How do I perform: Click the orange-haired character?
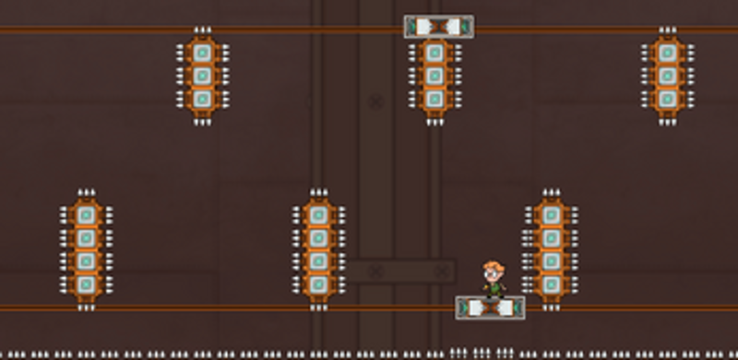[494, 280]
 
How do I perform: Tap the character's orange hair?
[494, 268]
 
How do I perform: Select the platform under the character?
[490, 307]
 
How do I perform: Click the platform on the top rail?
[439, 27]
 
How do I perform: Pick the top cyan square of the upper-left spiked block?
[203, 52]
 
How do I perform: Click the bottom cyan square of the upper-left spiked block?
[203, 97]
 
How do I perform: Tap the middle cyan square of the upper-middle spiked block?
[434, 75]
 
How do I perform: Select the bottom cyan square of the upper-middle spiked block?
[434, 97]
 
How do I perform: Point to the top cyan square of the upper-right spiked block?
[667, 52]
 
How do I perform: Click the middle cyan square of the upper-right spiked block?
[667, 75]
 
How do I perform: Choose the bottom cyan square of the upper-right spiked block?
[667, 97]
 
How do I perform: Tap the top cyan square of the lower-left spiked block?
[86, 215]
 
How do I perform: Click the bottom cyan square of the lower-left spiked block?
[86, 283]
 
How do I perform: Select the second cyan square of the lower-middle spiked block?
[318, 238]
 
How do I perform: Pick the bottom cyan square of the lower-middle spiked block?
[318, 283]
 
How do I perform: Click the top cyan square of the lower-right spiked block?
[551, 215]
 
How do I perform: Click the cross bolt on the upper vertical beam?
[375, 102]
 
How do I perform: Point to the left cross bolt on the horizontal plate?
[375, 271]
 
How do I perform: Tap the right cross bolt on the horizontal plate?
[443, 271]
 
